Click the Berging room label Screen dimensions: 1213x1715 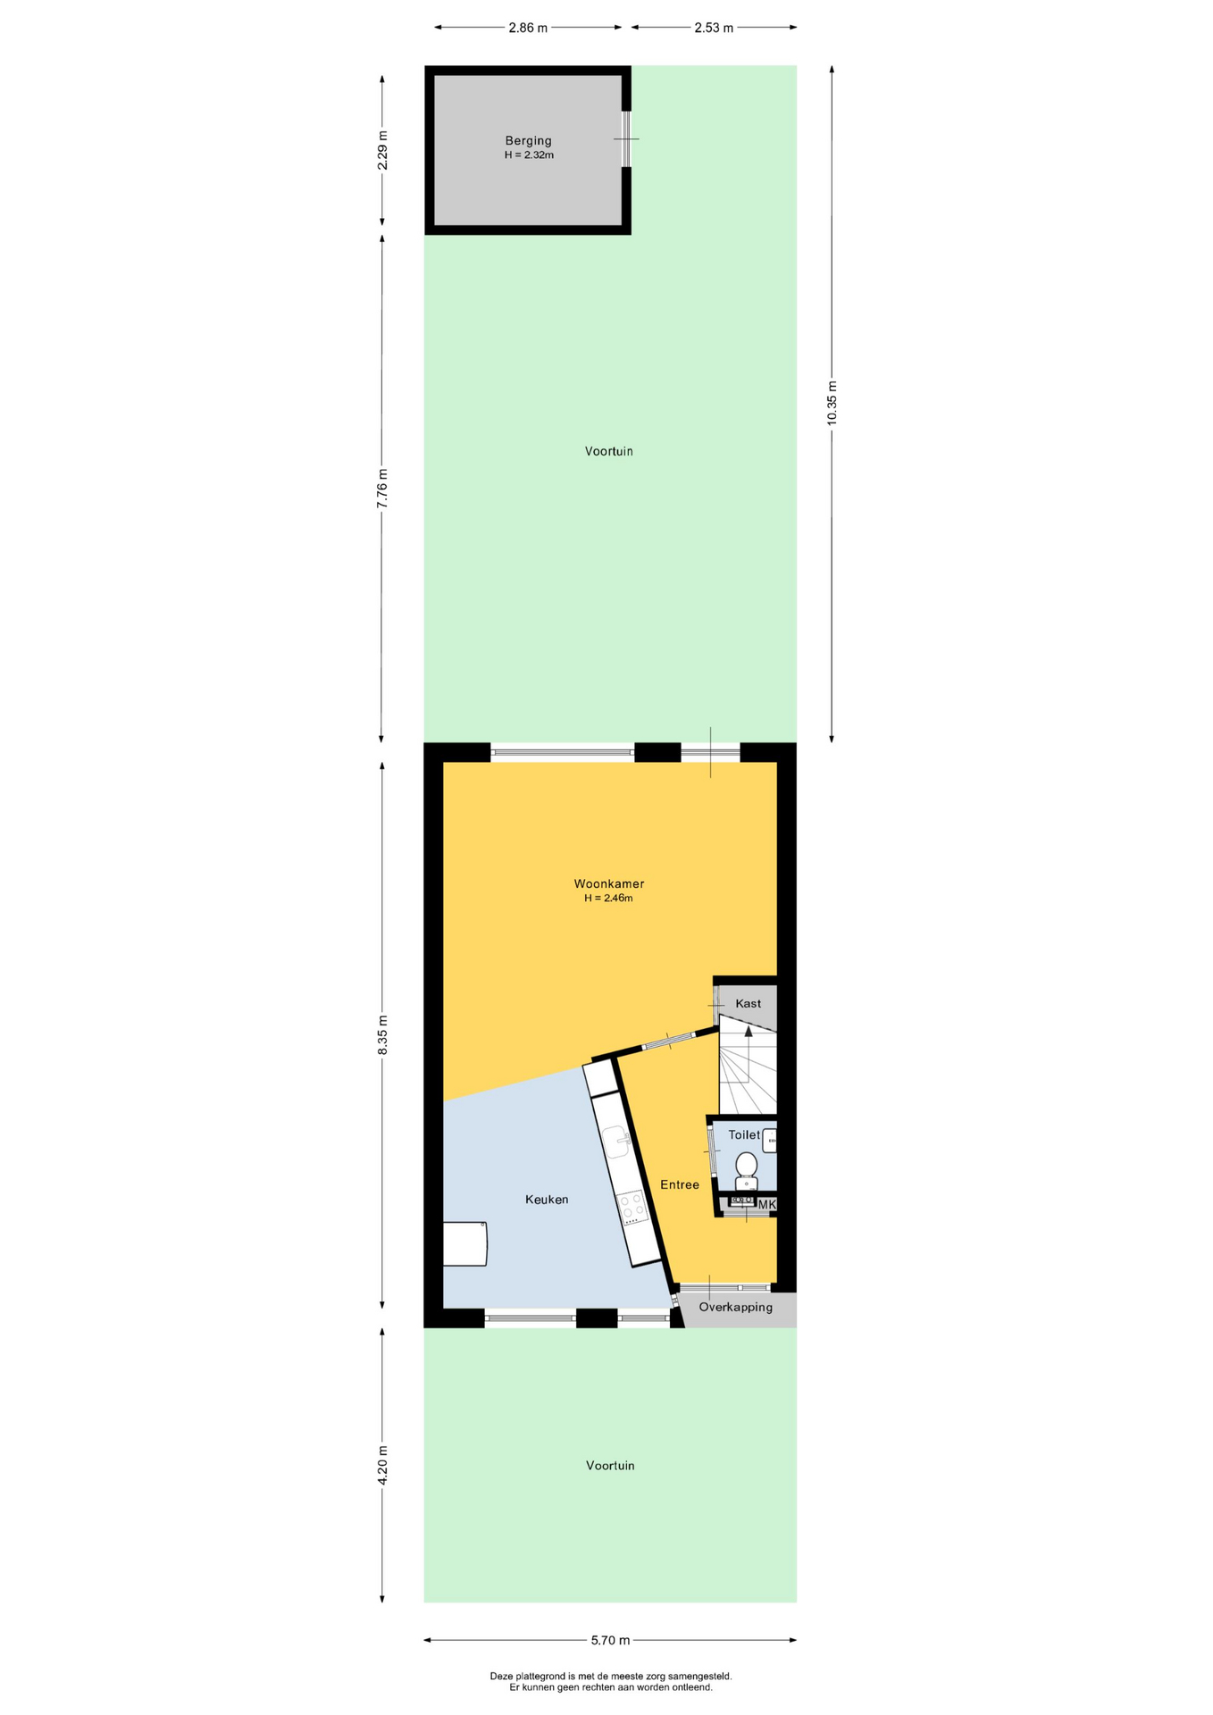click(x=528, y=141)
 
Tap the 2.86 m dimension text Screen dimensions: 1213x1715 click(x=528, y=28)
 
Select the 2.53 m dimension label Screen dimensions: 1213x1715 click(x=714, y=28)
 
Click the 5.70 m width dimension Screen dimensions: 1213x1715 click(x=610, y=1640)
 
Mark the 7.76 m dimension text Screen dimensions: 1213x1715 click(x=382, y=489)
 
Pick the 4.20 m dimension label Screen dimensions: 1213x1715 click(x=382, y=1465)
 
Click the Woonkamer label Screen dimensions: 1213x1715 click(x=609, y=883)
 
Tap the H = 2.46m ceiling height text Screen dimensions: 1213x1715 click(x=608, y=898)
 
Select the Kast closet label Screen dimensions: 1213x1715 click(x=749, y=1003)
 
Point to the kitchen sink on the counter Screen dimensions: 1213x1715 click(x=616, y=1141)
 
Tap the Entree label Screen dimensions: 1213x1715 click(x=680, y=1184)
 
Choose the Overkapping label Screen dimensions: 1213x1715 click(x=736, y=1307)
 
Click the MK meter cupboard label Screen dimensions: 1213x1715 click(x=766, y=1205)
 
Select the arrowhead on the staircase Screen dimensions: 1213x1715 click(x=749, y=1031)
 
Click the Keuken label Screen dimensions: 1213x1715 click(x=547, y=1200)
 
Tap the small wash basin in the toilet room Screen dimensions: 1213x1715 click(x=769, y=1141)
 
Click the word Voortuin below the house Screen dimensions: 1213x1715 click(x=610, y=1465)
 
